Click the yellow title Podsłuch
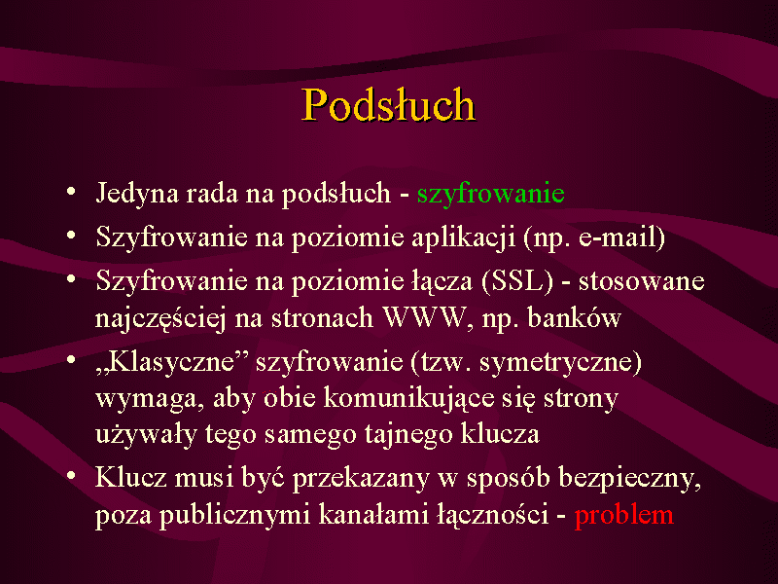389,104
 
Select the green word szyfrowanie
491,194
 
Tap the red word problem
624,515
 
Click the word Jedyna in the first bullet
137,194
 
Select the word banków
574,318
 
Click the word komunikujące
409,399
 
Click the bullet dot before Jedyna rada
71,191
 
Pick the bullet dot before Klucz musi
71,476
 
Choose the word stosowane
642,281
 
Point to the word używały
145,435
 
